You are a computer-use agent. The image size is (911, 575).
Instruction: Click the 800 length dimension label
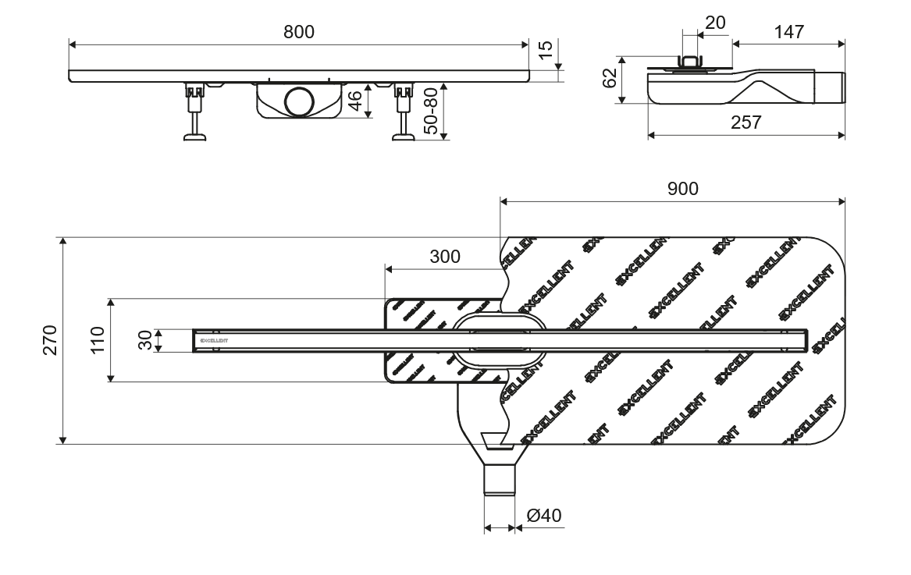[x=298, y=31]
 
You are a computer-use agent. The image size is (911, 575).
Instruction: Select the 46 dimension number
[x=354, y=101]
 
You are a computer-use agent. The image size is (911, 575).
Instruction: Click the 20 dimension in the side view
[x=714, y=23]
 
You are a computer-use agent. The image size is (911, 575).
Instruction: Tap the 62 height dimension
[x=610, y=79]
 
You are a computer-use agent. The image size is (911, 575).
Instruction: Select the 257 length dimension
[x=745, y=122]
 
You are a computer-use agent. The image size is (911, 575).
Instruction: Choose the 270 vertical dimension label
[x=50, y=340]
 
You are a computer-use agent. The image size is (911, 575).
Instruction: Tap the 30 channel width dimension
[x=145, y=340]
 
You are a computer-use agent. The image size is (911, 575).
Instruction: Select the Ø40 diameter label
[x=544, y=515]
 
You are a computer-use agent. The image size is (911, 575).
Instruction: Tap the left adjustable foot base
[x=194, y=139]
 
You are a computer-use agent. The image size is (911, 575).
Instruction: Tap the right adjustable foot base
[x=403, y=139]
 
